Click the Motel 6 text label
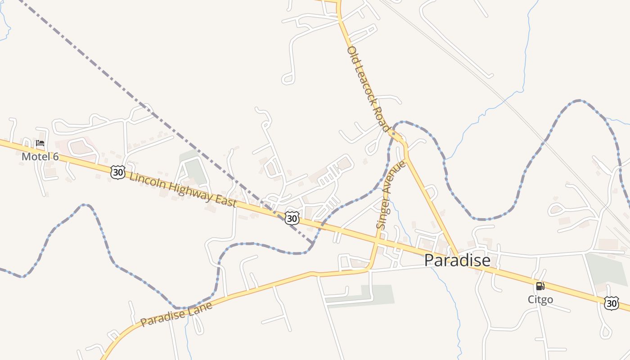[40, 157]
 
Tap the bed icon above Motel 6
[40, 144]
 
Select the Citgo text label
[540, 299]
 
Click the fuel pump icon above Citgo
[540, 286]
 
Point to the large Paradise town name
[457, 260]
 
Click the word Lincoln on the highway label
[147, 180]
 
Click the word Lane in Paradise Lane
[201, 308]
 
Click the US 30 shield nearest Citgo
[611, 303]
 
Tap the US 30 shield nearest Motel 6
[117, 172]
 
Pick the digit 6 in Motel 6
[55, 157]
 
